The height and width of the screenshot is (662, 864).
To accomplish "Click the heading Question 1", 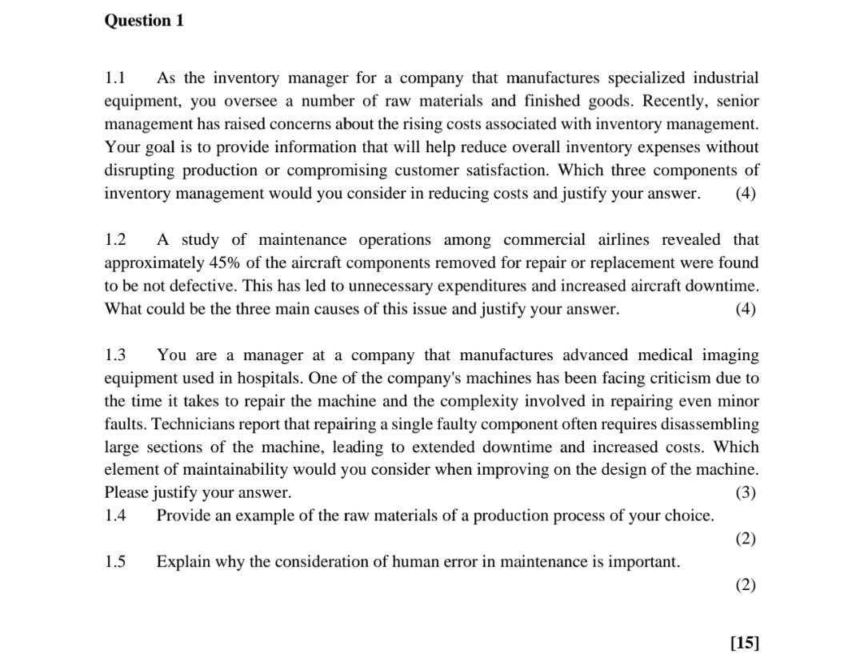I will (x=144, y=22).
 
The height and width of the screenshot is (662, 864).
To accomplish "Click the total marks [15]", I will (x=744, y=642).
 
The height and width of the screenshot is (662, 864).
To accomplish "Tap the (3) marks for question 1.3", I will (x=745, y=492).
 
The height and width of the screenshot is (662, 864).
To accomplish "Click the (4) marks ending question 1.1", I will (x=745, y=194).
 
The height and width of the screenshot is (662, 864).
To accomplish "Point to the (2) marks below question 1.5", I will (x=745, y=585).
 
